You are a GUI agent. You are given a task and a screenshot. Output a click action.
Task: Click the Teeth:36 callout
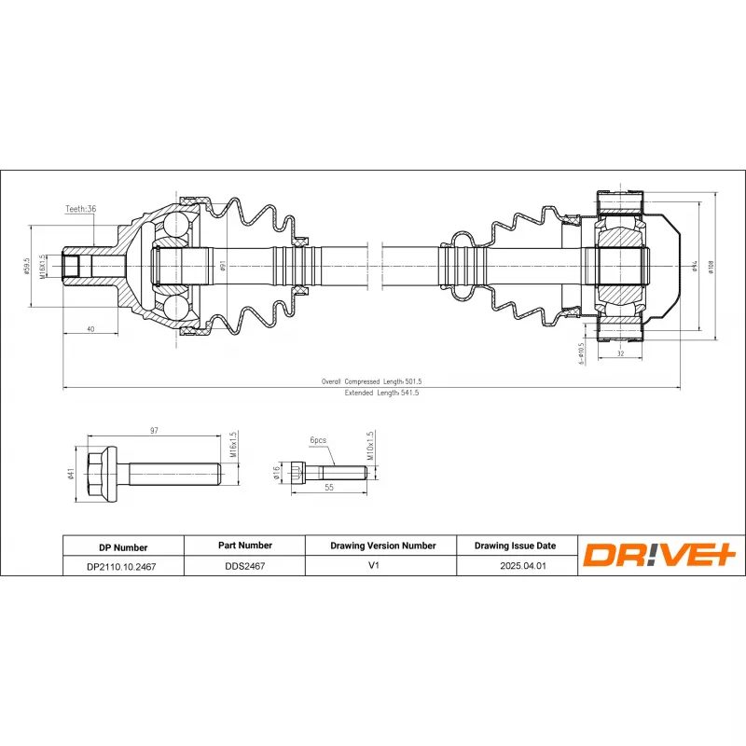point(81,210)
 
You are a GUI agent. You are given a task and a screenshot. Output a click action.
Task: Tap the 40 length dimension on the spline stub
point(90,328)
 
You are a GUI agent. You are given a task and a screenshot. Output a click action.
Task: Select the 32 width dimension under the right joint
point(621,353)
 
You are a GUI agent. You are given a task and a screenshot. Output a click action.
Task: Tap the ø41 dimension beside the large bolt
point(71,474)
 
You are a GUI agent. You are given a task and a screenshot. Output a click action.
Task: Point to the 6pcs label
point(318,439)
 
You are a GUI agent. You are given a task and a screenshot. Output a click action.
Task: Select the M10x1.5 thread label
point(369,446)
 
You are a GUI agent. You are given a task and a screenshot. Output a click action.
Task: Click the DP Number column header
point(122,547)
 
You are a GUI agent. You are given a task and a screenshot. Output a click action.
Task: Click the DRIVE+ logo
point(660,556)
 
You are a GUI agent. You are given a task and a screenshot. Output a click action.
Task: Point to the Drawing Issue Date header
point(515,546)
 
